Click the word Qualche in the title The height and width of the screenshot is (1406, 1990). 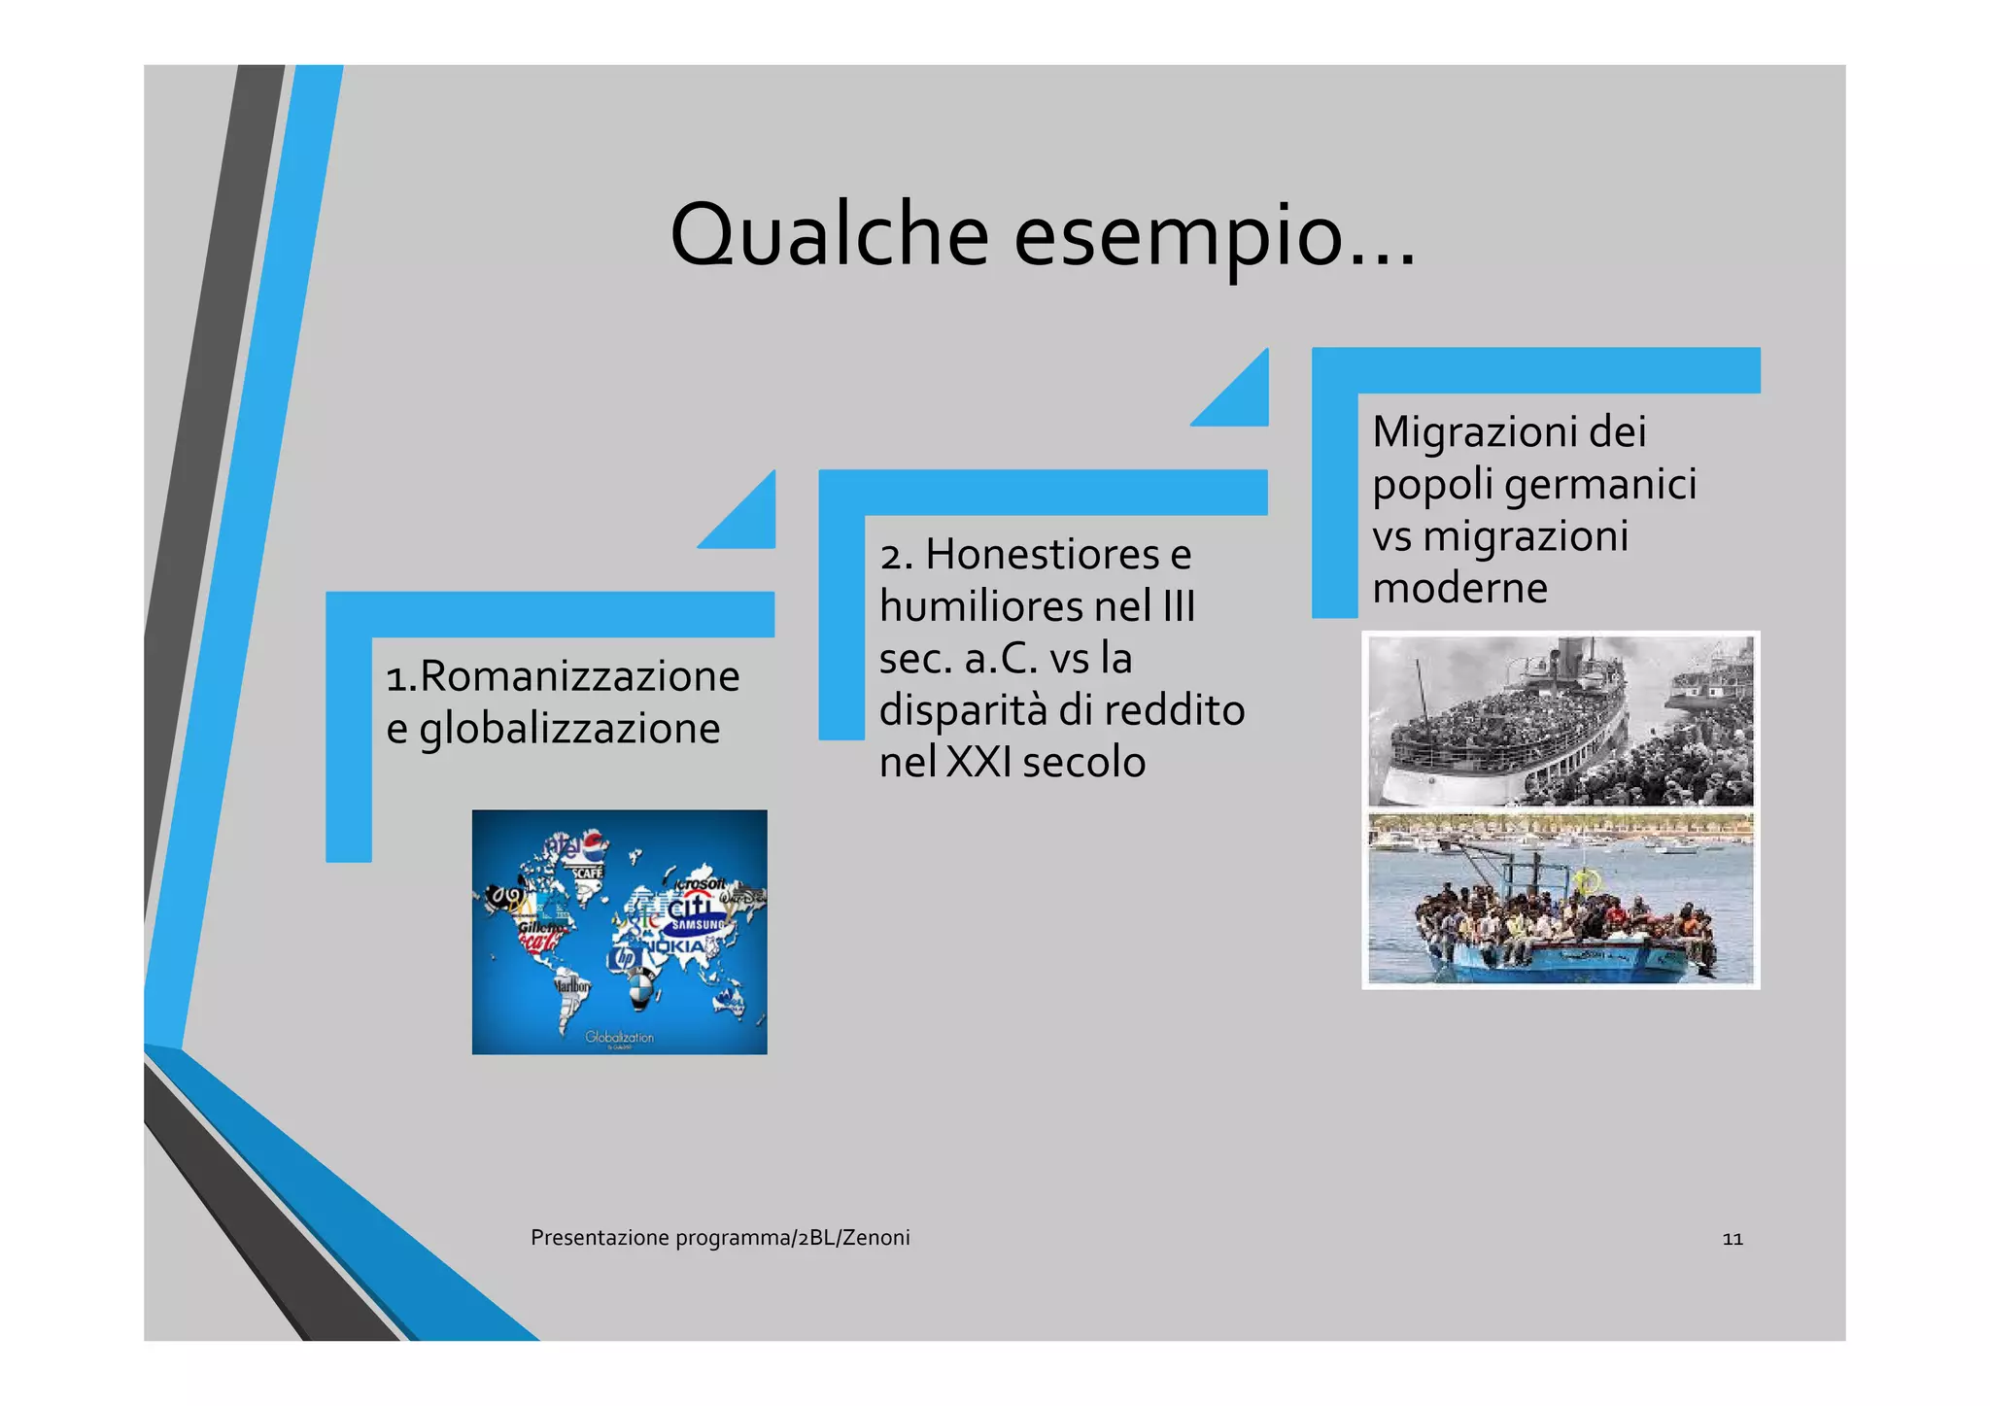pyautogui.click(x=829, y=235)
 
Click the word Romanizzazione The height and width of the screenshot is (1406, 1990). pyautogui.click(x=579, y=676)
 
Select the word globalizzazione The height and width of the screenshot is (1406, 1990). pyautogui.click(x=569, y=729)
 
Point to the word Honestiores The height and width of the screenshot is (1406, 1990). pyautogui.click(x=1043, y=555)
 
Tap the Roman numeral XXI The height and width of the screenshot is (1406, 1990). pyautogui.click(x=978, y=762)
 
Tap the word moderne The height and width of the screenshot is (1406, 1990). pyautogui.click(x=1459, y=588)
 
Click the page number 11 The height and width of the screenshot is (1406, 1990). pyautogui.click(x=1732, y=1239)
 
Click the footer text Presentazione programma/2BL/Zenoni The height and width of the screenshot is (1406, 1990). pyautogui.click(x=720, y=1238)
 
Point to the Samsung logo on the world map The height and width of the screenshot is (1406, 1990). pyautogui.click(x=697, y=925)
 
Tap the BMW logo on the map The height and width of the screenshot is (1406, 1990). pyautogui.click(x=639, y=992)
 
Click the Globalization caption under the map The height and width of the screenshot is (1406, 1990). pyautogui.click(x=619, y=1037)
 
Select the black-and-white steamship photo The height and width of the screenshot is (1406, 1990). pyautogui.click(x=1561, y=721)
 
